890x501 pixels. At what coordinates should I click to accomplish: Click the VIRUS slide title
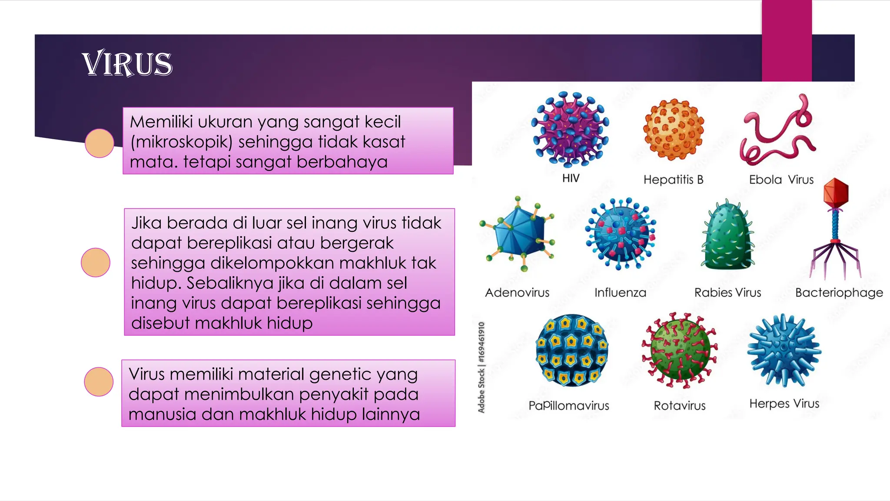pyautogui.click(x=127, y=64)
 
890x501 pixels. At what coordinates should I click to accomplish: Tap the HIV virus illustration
pyautogui.click(x=570, y=129)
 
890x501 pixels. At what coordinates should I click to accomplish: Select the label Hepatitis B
pyautogui.click(x=673, y=180)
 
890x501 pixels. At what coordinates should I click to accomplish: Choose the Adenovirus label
pyautogui.click(x=517, y=293)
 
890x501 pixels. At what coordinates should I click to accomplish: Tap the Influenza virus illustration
pyautogui.click(x=620, y=234)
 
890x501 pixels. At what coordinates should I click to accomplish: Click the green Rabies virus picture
pyautogui.click(x=727, y=237)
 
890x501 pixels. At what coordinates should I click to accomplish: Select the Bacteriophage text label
pyautogui.click(x=839, y=293)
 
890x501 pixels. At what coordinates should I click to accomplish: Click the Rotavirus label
pyautogui.click(x=680, y=406)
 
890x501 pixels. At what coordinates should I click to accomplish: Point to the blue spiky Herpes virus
pyautogui.click(x=784, y=350)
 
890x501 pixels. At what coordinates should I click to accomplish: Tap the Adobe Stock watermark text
pyautogui.click(x=481, y=367)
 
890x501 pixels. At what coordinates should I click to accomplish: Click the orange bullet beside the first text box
pyautogui.click(x=100, y=143)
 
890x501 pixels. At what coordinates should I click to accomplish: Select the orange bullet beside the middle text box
pyautogui.click(x=96, y=262)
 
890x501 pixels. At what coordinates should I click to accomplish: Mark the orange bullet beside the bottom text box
pyautogui.click(x=99, y=381)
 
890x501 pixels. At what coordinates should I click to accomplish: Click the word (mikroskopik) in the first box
pyautogui.click(x=181, y=142)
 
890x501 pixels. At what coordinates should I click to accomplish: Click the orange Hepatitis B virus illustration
pyautogui.click(x=673, y=129)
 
